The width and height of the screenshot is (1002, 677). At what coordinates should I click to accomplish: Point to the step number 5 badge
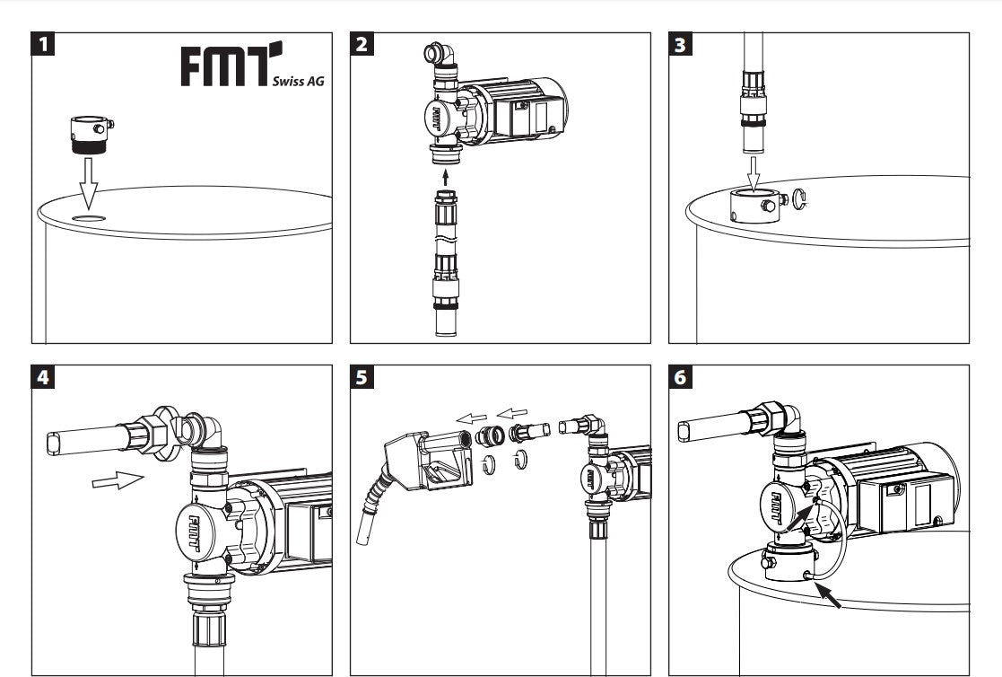pos(362,377)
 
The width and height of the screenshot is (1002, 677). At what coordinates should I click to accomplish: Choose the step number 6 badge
pos(681,377)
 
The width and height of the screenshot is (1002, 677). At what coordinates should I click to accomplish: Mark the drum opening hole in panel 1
pos(89,218)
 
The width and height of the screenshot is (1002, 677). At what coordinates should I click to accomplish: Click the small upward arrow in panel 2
pos(446,173)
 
